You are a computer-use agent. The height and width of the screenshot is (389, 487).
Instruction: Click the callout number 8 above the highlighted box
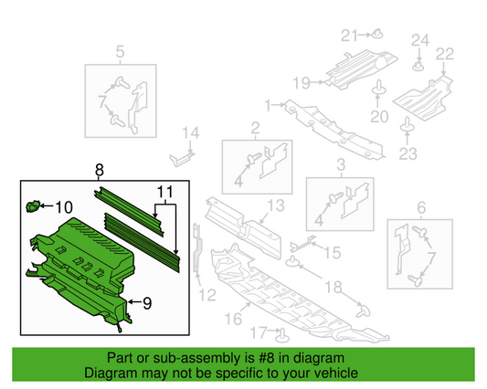tap(99, 170)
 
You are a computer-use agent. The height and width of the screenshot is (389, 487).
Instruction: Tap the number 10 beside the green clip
tap(69, 206)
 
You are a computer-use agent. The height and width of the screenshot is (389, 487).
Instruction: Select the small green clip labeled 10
tap(36, 205)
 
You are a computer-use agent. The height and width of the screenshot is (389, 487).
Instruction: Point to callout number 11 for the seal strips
tap(164, 194)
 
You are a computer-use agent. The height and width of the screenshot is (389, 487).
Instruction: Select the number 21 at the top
tap(347, 36)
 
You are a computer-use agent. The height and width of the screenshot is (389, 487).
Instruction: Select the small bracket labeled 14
tap(184, 152)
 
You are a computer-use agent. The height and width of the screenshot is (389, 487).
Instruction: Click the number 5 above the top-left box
tap(119, 52)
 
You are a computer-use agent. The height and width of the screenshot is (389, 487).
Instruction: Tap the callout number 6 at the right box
tap(421, 207)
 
